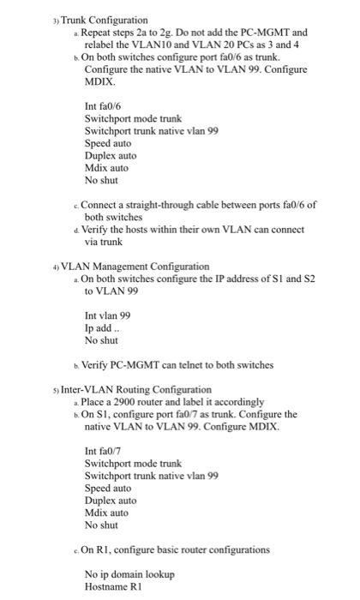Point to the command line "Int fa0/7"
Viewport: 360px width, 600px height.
[x=102, y=451]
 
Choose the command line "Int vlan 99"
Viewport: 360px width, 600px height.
[x=107, y=315]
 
